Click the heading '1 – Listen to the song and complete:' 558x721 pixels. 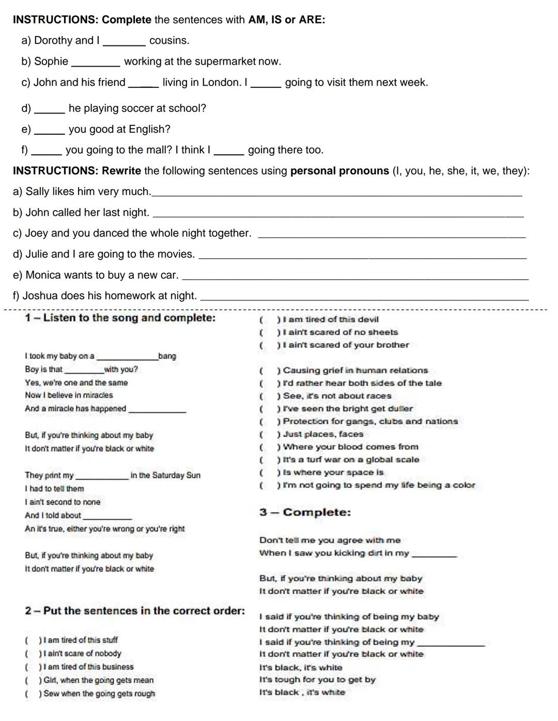pyautogui.click(x=120, y=318)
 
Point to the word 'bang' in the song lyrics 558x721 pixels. pyautogui.click(x=167, y=356)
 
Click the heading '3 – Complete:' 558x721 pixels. pyautogui.click(x=305, y=512)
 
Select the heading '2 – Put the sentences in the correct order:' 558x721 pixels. pyautogui.click(x=135, y=611)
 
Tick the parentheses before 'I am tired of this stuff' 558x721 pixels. pyautogui.click(x=33, y=640)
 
